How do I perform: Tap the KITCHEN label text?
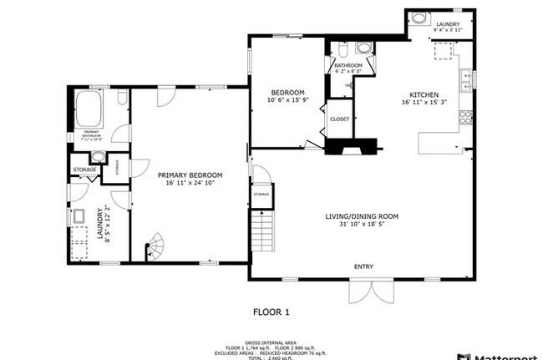423,94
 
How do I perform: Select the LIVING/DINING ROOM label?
362,216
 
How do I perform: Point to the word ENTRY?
363,267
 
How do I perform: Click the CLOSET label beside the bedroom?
339,119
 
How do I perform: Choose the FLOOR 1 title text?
271,312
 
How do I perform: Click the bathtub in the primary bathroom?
88,107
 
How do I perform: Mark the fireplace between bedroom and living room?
352,149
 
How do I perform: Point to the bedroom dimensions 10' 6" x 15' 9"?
287,100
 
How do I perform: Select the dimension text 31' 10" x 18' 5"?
362,225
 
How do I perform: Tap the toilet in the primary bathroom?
122,99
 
